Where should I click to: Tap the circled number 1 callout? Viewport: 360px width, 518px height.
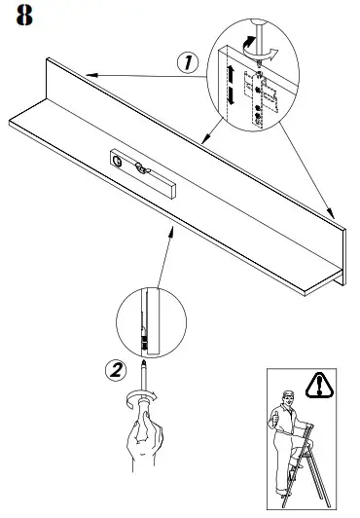[188, 60]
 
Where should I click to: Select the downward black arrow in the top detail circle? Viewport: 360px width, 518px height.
[231, 97]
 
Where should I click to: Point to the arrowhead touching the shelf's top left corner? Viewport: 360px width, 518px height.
[87, 74]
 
